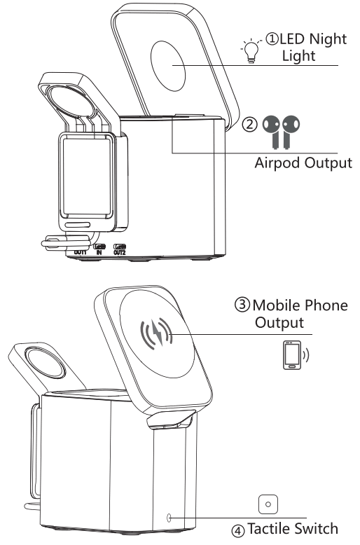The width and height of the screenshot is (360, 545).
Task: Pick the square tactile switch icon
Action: [268, 503]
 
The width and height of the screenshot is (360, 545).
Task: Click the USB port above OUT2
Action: [120, 245]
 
